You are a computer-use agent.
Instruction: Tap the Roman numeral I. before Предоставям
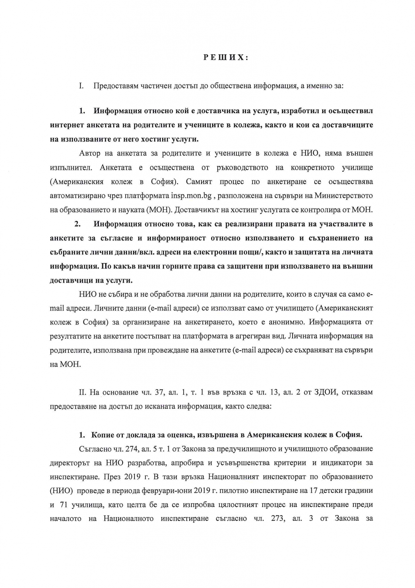coord(81,86)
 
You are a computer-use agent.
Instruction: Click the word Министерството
coord(344,196)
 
